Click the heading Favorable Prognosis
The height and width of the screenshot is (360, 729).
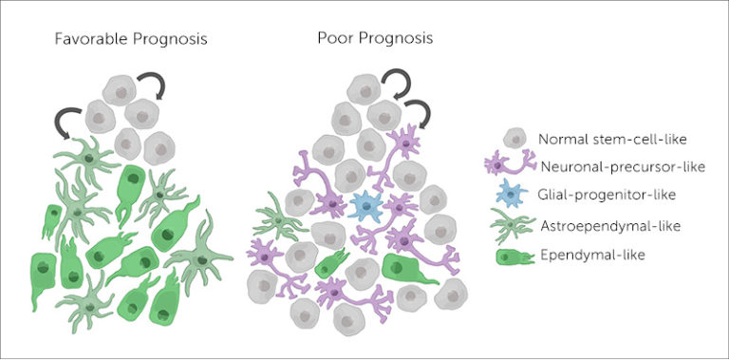click(132, 41)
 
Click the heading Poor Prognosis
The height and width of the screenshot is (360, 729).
click(375, 40)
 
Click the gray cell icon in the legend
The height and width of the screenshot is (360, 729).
click(514, 138)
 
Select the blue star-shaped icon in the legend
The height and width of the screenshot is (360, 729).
click(511, 195)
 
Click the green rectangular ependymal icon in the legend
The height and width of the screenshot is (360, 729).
click(511, 255)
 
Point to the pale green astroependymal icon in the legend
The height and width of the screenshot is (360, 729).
click(511, 226)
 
